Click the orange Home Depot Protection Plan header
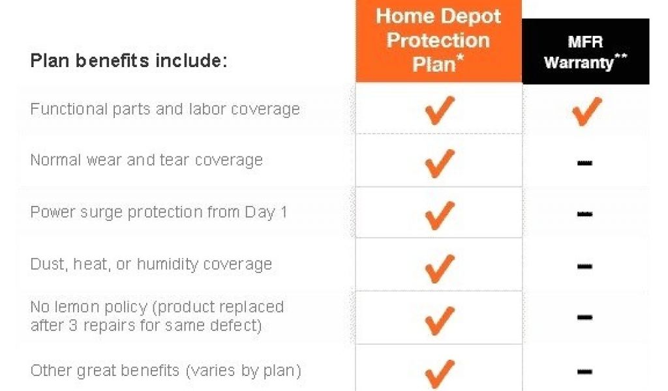pos(438,41)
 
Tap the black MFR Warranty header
pos(586,51)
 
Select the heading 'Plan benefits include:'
pos(129,61)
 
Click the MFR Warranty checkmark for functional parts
pos(586,111)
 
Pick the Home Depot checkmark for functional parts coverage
pos(440,111)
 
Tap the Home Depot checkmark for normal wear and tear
pos(440,164)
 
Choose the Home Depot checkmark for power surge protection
pos(440,216)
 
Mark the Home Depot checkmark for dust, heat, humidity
pos(440,269)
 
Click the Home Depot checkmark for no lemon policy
pos(440,321)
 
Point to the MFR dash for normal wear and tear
pos(584,162)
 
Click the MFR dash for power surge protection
pos(584,214)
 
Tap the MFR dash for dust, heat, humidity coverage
pos(584,267)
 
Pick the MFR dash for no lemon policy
pos(584,317)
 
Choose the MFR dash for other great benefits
pos(584,371)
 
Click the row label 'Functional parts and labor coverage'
pos(165,109)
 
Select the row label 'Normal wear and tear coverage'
pos(147,160)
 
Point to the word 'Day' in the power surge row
pos(260,212)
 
